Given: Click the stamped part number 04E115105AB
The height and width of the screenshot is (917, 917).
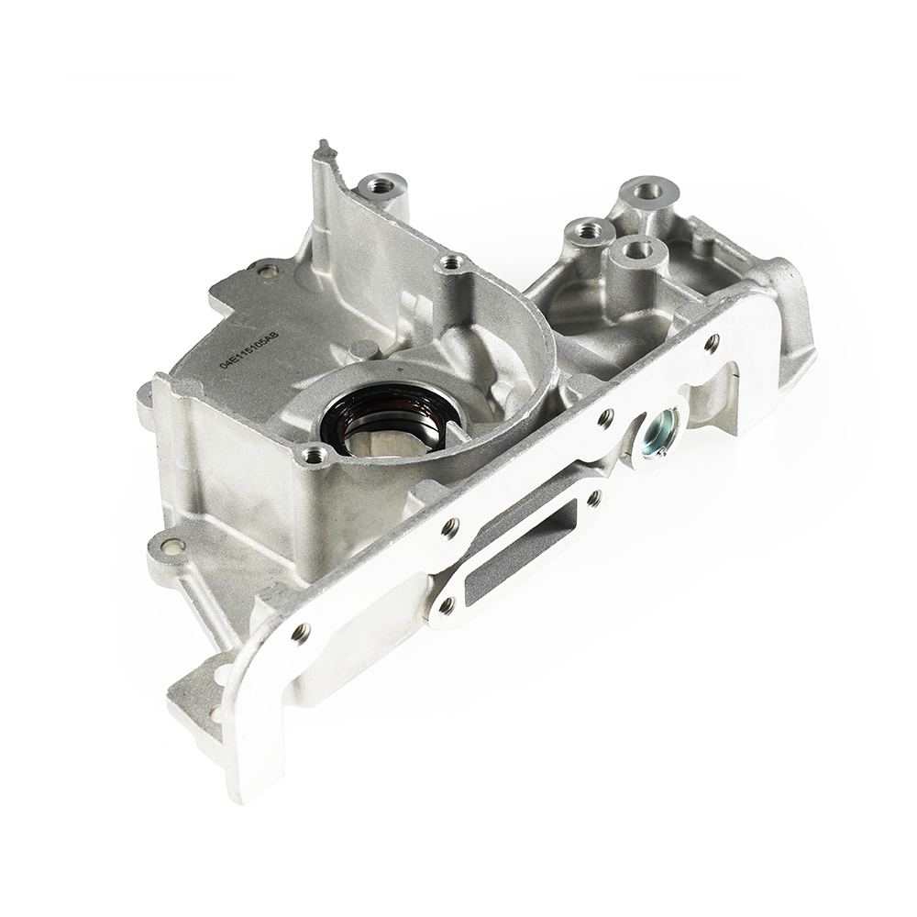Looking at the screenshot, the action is [x=250, y=350].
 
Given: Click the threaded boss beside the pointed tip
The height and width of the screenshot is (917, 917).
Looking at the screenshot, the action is [x=380, y=187].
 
